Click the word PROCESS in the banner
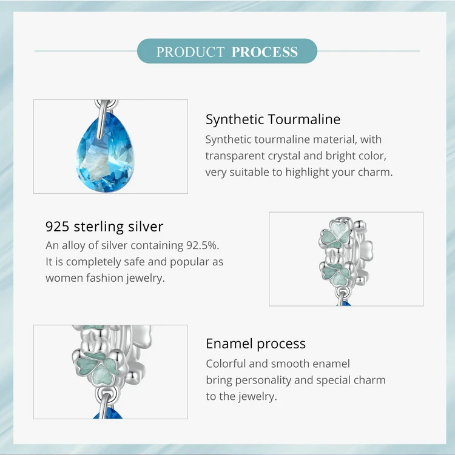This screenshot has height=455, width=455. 265,52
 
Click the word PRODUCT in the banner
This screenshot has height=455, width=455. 190,52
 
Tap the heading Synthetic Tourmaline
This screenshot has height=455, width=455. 273,119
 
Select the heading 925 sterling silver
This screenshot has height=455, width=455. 104,227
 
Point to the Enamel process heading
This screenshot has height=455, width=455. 255,344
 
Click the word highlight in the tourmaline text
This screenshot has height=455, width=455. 307,172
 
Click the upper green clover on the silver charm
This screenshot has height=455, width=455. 335,235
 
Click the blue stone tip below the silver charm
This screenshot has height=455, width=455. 344,304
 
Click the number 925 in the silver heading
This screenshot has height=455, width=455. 57,227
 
